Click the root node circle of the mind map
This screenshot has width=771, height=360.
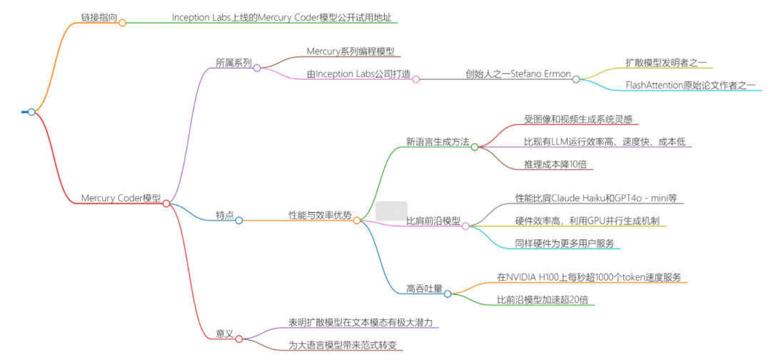click(31, 111)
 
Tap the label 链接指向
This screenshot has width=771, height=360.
click(99, 16)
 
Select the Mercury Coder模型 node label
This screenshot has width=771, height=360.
click(121, 198)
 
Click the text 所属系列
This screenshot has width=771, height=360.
click(233, 63)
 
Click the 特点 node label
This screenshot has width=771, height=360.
click(225, 215)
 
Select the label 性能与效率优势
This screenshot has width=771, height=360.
click(320, 215)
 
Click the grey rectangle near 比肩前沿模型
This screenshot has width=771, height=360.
click(391, 211)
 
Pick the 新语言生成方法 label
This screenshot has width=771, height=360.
click(438, 141)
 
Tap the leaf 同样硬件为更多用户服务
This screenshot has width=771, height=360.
click(564, 243)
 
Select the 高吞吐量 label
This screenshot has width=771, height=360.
click(424, 289)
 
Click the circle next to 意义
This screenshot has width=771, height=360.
click(239, 339)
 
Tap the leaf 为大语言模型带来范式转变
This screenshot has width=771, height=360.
click(342, 345)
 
